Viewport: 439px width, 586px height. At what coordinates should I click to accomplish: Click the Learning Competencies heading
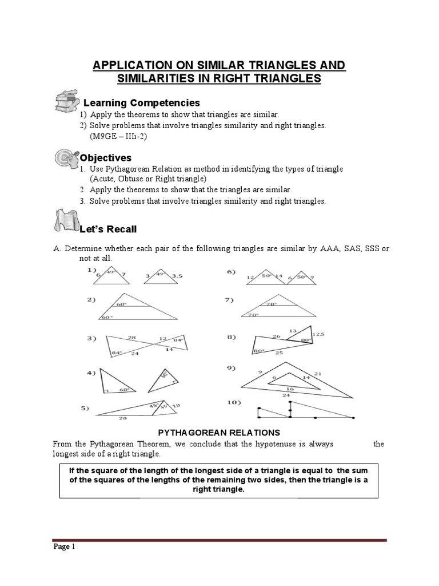click(142, 103)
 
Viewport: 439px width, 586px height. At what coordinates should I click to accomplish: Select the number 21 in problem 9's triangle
click(318, 374)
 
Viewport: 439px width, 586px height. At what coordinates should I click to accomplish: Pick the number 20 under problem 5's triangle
click(122, 418)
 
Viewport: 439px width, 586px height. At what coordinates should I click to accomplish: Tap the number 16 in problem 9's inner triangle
click(290, 389)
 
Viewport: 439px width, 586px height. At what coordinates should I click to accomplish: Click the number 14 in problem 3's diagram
click(169, 349)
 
